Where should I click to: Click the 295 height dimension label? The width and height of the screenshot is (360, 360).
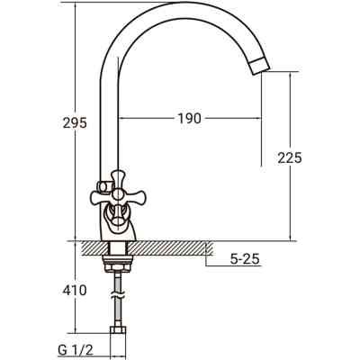75,123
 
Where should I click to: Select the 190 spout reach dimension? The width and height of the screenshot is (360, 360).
189,119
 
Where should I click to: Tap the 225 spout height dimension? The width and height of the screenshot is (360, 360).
290,157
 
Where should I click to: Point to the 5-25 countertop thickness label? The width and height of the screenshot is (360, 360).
245,259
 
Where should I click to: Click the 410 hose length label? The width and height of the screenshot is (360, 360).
75,290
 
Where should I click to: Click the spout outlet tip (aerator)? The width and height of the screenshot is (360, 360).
260,66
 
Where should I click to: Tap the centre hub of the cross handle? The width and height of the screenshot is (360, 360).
118,194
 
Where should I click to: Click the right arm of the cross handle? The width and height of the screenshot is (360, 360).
134,195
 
